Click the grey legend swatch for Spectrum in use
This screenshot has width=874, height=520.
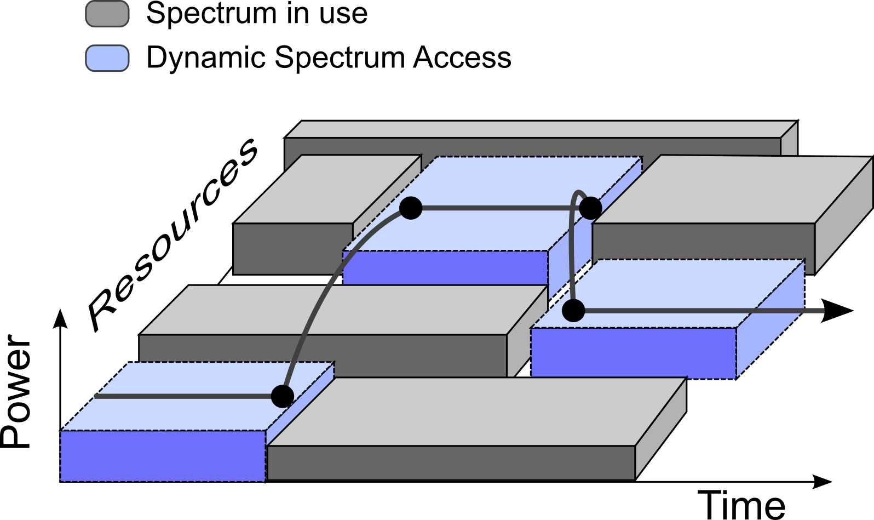[x=107, y=14]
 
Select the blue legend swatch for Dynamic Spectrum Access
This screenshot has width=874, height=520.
[x=107, y=58]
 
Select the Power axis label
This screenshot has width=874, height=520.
[x=16, y=391]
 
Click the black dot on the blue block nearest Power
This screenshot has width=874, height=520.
[x=283, y=396]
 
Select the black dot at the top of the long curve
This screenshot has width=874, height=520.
[x=411, y=208]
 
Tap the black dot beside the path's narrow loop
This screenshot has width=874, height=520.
[x=590, y=208]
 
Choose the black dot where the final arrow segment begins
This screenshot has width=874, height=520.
[x=573, y=311]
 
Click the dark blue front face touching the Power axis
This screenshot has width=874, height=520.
[x=163, y=456]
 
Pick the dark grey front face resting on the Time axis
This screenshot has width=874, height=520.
[x=451, y=462]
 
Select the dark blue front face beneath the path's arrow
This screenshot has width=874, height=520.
[x=634, y=353]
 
